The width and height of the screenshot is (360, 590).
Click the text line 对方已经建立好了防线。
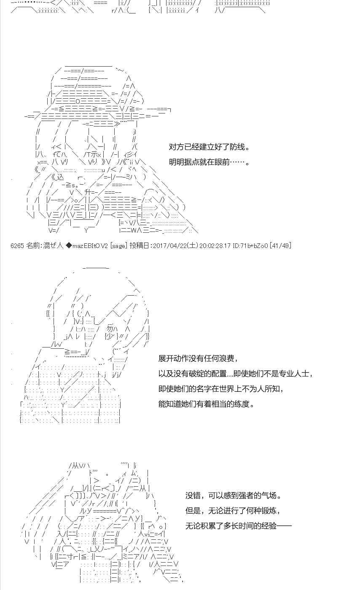210,147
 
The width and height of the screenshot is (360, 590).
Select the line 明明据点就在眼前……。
210,162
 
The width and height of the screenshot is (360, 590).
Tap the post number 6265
17,246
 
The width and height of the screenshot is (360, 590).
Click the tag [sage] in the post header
119,246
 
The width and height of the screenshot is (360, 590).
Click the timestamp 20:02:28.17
215,246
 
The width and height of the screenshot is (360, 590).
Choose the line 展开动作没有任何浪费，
198,358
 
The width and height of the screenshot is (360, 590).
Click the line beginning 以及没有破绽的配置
236,374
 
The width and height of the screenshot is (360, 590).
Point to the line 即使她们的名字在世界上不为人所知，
221,389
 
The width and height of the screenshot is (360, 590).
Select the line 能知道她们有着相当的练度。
207,404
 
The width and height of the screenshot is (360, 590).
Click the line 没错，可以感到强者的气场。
234,496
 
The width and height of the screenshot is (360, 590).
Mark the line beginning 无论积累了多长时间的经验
239,526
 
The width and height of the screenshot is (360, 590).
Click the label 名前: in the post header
34,246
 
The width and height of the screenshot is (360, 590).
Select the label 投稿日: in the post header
141,246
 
